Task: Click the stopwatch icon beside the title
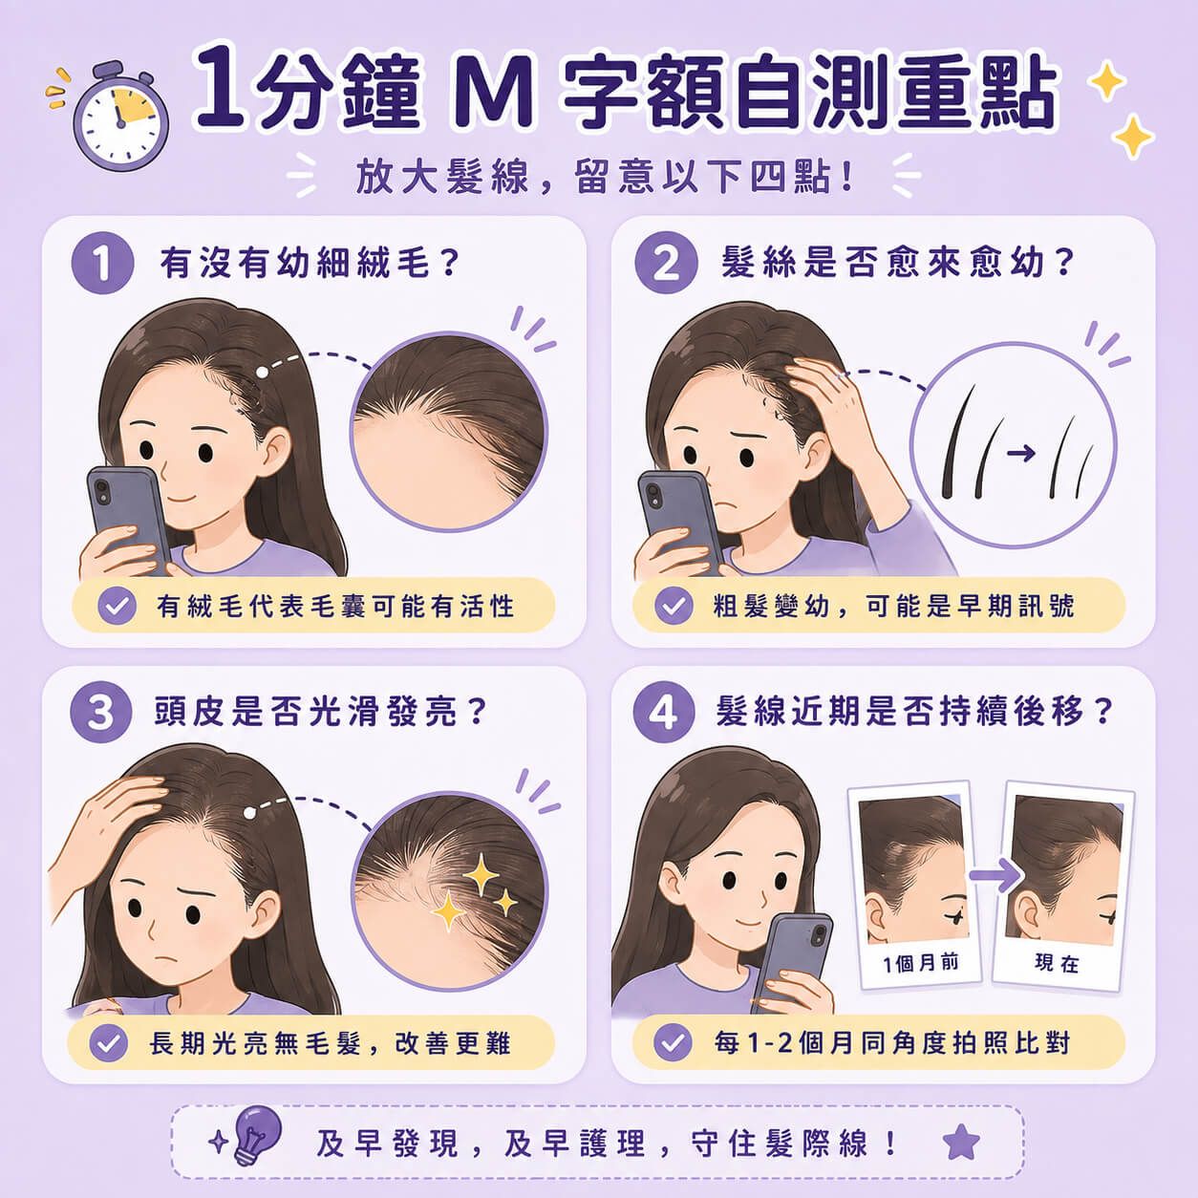click(x=120, y=116)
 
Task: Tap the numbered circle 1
click(x=102, y=263)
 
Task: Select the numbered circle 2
click(x=666, y=263)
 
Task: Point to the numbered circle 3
click(x=100, y=713)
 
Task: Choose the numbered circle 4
click(x=664, y=713)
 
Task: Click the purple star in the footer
click(x=961, y=1142)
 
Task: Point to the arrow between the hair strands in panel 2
click(x=1021, y=453)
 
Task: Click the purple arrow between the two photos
click(x=995, y=875)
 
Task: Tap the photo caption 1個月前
click(x=920, y=964)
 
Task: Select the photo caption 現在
click(x=1057, y=963)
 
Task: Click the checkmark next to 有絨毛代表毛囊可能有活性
click(x=117, y=606)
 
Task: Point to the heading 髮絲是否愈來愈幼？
click(x=897, y=263)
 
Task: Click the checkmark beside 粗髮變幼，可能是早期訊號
click(x=674, y=606)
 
